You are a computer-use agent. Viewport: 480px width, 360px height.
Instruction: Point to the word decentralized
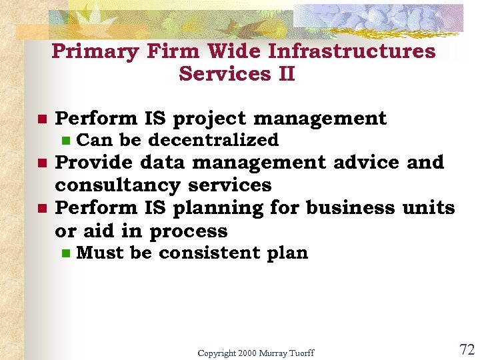click(x=213, y=140)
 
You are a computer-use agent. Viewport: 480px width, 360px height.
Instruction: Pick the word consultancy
click(x=117, y=185)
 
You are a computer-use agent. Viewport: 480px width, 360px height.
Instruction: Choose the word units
click(x=428, y=207)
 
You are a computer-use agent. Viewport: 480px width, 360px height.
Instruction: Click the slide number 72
click(x=466, y=350)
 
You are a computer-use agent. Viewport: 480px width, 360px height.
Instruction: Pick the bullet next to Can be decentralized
click(x=65, y=141)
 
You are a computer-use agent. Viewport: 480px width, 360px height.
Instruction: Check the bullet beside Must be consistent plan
click(x=65, y=253)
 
